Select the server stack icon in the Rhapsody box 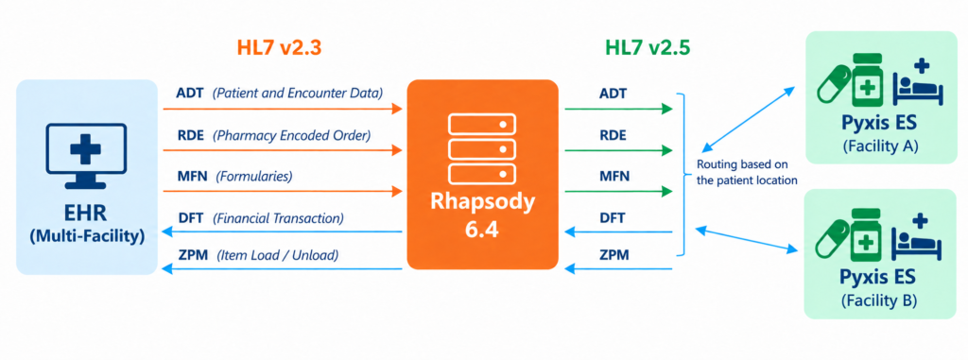481,148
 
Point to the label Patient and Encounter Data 298,94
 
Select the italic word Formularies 253,178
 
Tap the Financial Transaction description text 279,218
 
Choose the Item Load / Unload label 277,255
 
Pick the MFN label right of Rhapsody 614,178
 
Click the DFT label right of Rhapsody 613,218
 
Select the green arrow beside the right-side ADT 618,110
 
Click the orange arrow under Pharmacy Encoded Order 283,150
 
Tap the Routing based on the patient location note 747,173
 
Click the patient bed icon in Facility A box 916,83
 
